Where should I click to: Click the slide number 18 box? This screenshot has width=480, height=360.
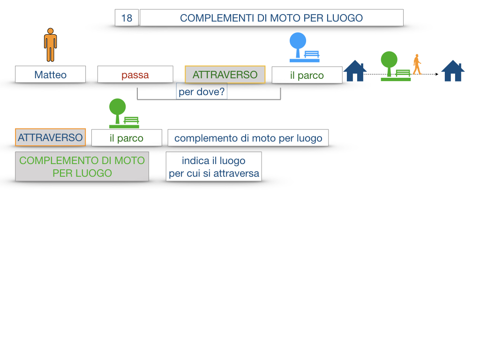(x=127, y=18)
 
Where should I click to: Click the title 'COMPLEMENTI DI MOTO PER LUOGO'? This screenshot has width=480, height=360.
(x=271, y=18)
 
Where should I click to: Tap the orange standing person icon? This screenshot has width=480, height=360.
(x=51, y=45)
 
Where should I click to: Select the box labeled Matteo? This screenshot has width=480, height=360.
(x=51, y=75)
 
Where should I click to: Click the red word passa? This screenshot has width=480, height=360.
(x=135, y=75)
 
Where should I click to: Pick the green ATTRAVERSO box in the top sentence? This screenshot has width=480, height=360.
(x=225, y=75)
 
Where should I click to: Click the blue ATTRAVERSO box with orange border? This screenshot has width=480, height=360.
(x=50, y=138)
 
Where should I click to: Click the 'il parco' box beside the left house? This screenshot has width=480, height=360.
(x=307, y=75)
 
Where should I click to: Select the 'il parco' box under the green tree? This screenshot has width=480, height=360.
(x=127, y=138)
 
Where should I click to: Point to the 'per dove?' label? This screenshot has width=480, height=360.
(x=202, y=92)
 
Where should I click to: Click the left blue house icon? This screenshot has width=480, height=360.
(x=355, y=71)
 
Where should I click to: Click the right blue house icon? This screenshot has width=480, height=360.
(x=453, y=71)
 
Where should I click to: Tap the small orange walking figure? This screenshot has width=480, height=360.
(x=417, y=65)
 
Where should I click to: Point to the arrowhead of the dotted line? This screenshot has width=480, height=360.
(x=437, y=74)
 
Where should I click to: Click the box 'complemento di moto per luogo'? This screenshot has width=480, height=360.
(x=248, y=138)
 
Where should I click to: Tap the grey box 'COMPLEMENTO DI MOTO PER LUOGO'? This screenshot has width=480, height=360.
(x=82, y=166)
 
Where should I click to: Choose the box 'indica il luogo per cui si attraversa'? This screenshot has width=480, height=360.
(x=214, y=167)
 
